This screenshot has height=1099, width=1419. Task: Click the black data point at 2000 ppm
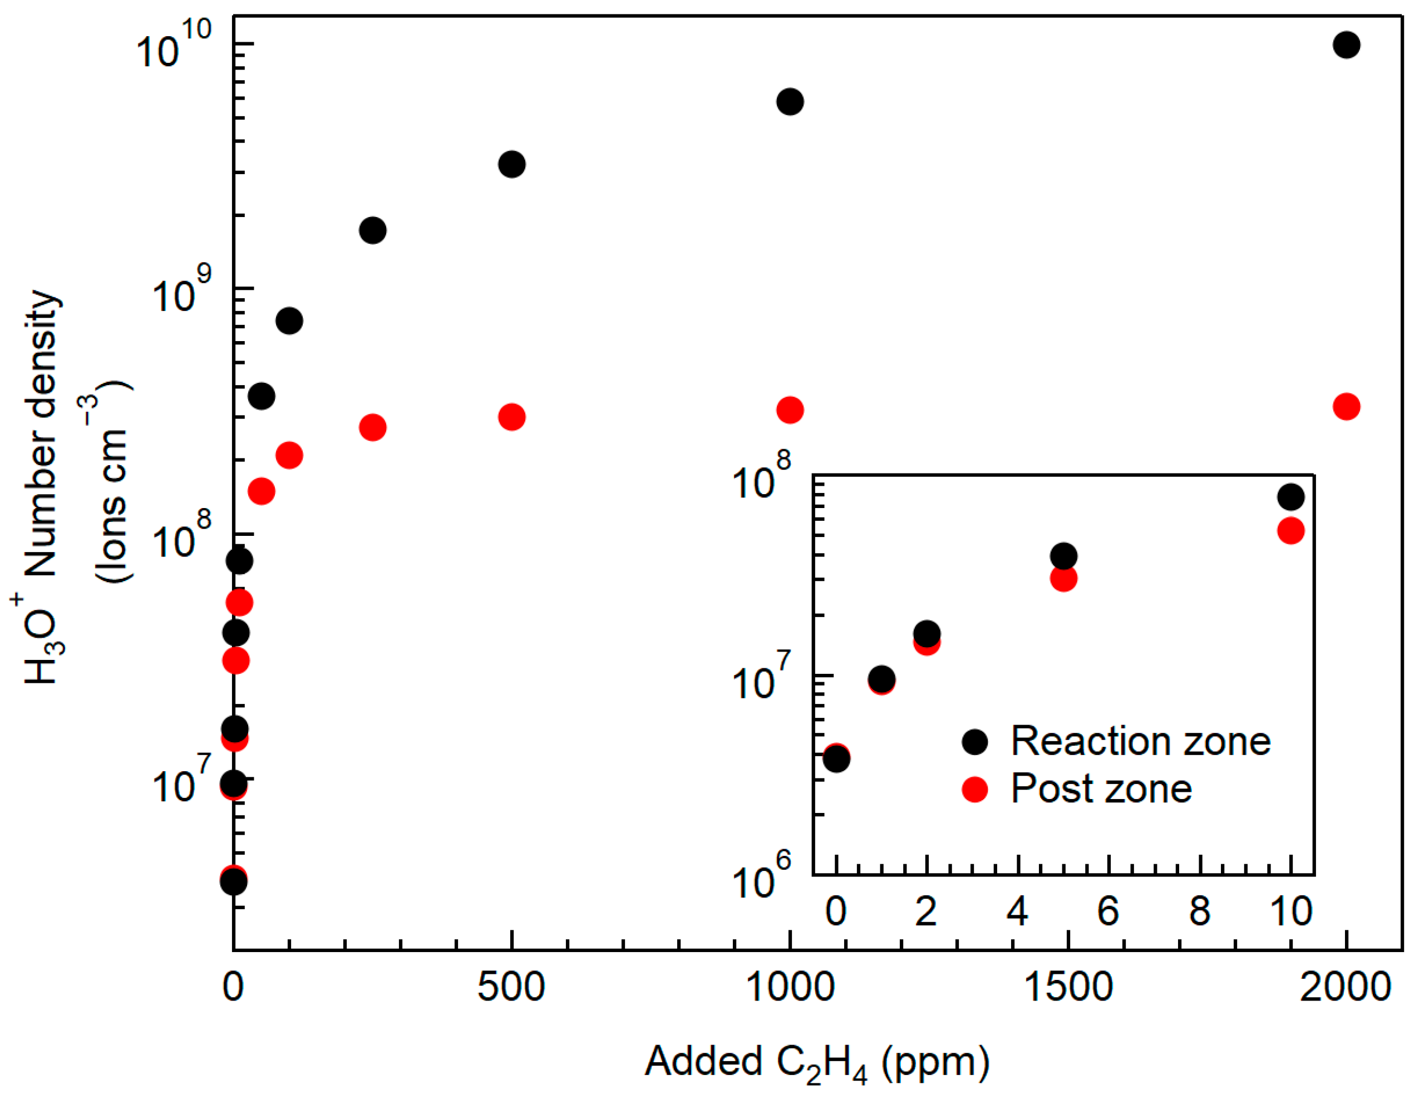point(1346,45)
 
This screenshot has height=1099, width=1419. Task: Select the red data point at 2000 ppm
point(1346,407)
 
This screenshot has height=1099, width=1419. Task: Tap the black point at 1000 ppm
point(790,101)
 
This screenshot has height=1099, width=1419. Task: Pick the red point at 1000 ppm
point(790,410)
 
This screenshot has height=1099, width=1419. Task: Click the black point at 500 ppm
point(512,164)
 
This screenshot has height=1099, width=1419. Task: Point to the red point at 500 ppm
point(512,416)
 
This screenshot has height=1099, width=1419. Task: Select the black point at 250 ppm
point(372,230)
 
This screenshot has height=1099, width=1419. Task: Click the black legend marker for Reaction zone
point(974,741)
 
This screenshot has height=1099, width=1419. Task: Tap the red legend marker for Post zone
point(974,789)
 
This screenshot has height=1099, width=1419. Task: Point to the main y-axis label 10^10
point(174,46)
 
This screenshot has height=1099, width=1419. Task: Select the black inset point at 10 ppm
point(1290,497)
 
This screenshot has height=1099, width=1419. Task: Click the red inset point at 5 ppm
point(1063,578)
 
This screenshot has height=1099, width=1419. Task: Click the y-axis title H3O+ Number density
point(43,487)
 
